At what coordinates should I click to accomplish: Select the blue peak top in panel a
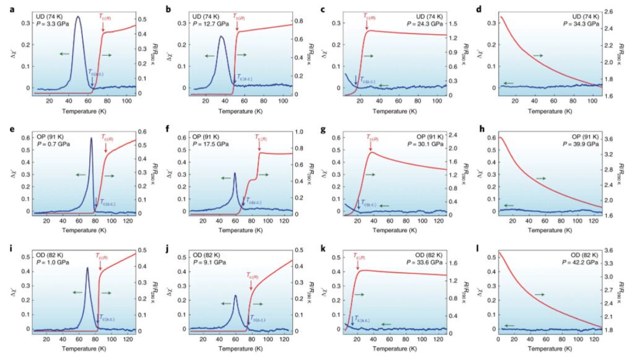78,17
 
